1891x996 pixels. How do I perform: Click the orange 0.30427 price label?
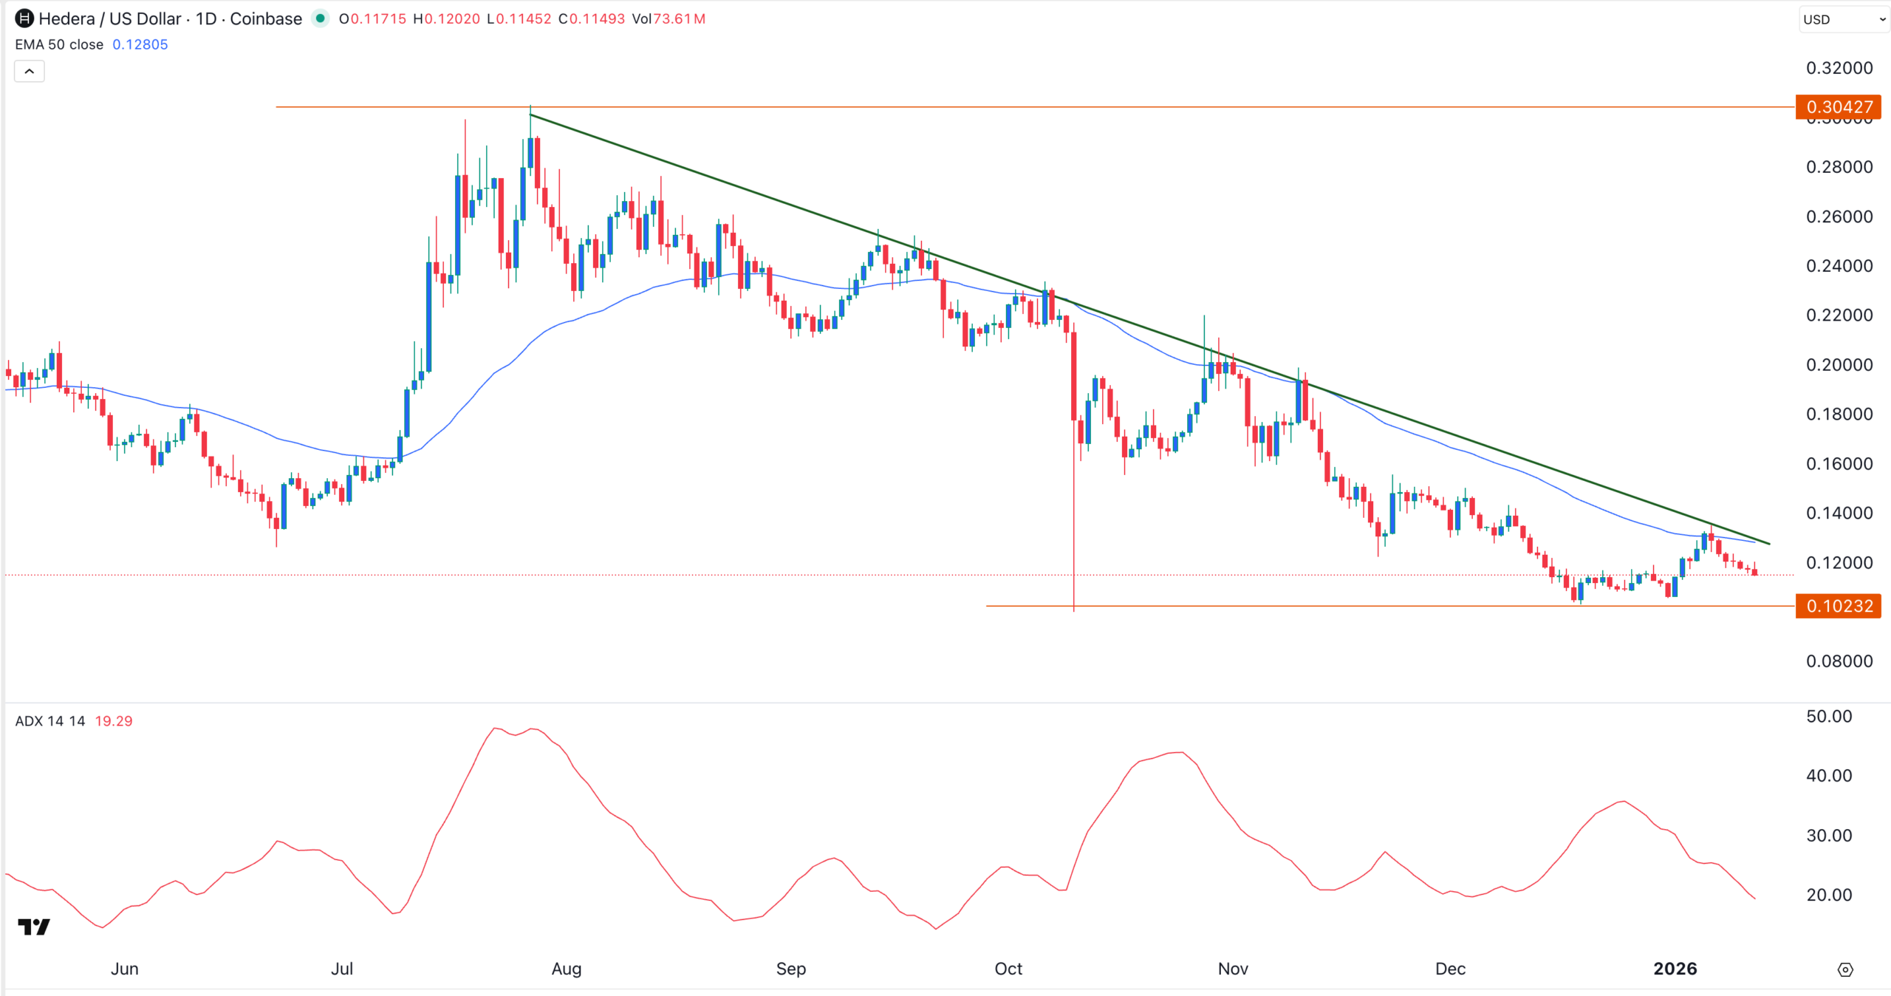coord(1838,107)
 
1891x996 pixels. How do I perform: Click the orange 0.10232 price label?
coord(1838,606)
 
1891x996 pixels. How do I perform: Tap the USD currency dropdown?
coord(1843,20)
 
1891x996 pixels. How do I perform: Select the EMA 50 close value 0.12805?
coord(140,44)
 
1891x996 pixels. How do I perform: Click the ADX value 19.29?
coord(114,721)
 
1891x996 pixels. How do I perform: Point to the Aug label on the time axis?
coord(567,969)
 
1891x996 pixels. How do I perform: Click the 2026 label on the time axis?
coord(1675,969)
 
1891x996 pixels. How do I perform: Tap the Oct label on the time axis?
coord(1008,969)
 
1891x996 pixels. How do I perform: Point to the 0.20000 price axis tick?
coord(1839,365)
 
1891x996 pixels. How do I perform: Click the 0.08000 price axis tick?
coord(1839,661)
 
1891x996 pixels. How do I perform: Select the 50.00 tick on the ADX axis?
coord(1829,717)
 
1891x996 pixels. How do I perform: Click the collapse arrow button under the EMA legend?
coord(30,72)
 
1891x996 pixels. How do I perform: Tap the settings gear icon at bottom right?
coord(1845,969)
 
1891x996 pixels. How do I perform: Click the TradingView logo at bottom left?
coord(34,927)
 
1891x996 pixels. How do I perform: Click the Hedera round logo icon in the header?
coord(24,18)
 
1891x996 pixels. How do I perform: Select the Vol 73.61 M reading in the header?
coord(668,19)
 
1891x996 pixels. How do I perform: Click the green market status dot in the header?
coord(320,18)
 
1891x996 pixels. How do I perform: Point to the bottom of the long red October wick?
coord(1074,610)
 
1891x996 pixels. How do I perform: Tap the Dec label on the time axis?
coord(1450,969)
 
